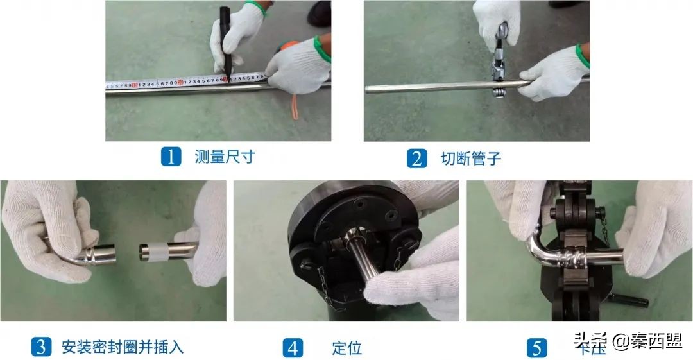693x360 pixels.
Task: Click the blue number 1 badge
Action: pos(170,157)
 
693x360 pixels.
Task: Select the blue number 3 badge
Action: pos(41,347)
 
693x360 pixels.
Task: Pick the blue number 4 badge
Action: pos(293,348)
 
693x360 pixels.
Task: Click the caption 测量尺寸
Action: pos(225,157)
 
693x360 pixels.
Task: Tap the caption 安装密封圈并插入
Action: pos(123,347)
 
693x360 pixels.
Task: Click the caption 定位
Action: pos(347,348)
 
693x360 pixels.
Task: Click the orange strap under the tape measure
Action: pos(294,107)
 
